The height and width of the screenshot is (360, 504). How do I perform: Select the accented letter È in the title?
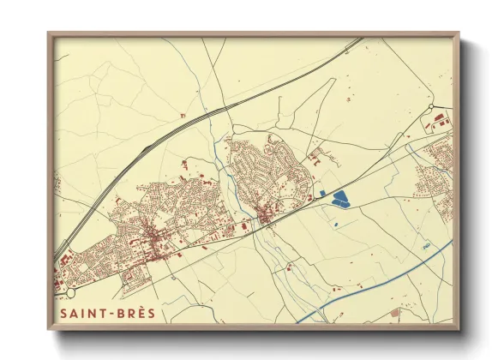141,313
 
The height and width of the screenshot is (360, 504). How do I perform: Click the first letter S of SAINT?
66,313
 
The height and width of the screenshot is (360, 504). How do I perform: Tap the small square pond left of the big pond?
322,195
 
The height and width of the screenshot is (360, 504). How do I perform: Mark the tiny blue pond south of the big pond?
336,225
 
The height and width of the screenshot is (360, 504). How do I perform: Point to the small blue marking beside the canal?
426,246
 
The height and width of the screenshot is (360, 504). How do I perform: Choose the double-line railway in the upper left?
171,133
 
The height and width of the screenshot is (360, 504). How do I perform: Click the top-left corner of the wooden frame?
49,34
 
